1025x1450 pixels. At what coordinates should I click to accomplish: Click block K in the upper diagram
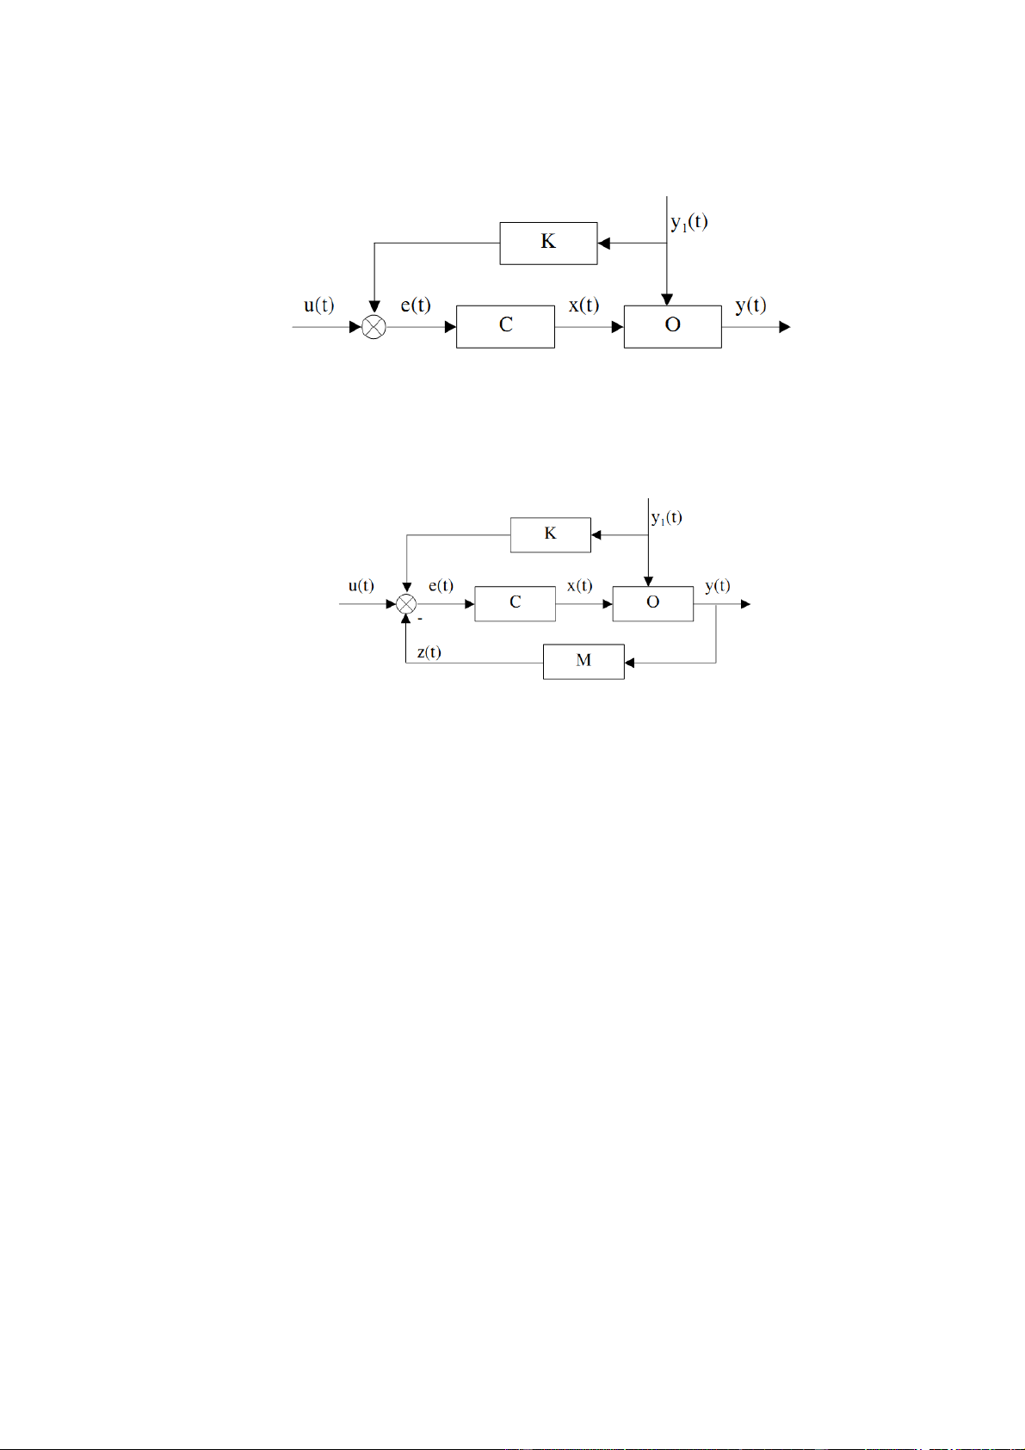click(548, 244)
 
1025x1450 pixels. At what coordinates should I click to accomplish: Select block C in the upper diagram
click(505, 327)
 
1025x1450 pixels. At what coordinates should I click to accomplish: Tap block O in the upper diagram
click(673, 327)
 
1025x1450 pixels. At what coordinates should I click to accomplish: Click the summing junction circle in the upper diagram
click(374, 327)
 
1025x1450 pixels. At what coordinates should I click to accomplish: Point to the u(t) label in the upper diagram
click(319, 305)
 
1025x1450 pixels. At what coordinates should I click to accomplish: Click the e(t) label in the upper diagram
click(416, 305)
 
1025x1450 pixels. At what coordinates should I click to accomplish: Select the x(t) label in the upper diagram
click(584, 305)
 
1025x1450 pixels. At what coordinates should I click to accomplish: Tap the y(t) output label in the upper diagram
click(751, 305)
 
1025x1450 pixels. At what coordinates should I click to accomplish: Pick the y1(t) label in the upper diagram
click(689, 223)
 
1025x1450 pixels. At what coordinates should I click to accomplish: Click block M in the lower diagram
click(584, 662)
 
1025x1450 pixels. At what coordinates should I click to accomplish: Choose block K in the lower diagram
click(551, 534)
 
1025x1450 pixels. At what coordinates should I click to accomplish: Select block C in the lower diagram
click(515, 604)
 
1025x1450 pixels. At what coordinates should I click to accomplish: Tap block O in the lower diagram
click(652, 604)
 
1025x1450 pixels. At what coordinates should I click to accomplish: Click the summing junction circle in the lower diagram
click(406, 604)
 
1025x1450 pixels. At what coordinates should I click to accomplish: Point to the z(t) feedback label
click(429, 651)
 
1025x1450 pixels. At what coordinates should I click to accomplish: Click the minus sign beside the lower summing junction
click(420, 620)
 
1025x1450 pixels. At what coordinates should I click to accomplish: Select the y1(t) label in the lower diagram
click(667, 518)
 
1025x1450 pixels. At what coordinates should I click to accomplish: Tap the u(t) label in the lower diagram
click(361, 586)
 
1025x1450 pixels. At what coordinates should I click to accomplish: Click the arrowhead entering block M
click(629, 663)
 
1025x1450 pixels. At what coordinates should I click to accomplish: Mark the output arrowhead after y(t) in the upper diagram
click(785, 327)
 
